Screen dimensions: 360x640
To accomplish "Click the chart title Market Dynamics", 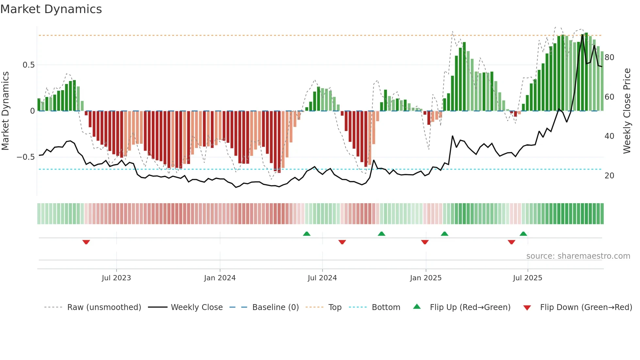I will click(51, 9).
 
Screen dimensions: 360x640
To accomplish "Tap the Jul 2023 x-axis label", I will click(116, 278).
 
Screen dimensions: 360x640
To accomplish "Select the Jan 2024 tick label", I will click(220, 278).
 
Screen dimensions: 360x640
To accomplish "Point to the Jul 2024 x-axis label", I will click(322, 278).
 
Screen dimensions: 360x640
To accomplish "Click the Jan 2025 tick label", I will click(425, 278).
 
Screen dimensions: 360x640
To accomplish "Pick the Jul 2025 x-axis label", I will click(527, 278).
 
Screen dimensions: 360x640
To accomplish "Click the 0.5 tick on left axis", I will click(28, 65).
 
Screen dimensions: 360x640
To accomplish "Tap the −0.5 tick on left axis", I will click(26, 157).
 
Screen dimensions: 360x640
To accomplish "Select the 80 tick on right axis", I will click(609, 57).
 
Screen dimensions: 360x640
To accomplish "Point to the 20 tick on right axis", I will click(609, 176).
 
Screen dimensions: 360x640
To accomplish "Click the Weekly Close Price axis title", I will click(627, 111).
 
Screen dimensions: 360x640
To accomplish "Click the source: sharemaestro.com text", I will click(578, 256).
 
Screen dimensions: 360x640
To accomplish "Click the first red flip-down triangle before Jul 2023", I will click(86, 242).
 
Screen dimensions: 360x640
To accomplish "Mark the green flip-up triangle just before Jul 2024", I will click(307, 234).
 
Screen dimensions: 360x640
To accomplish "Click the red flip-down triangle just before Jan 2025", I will click(425, 242).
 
